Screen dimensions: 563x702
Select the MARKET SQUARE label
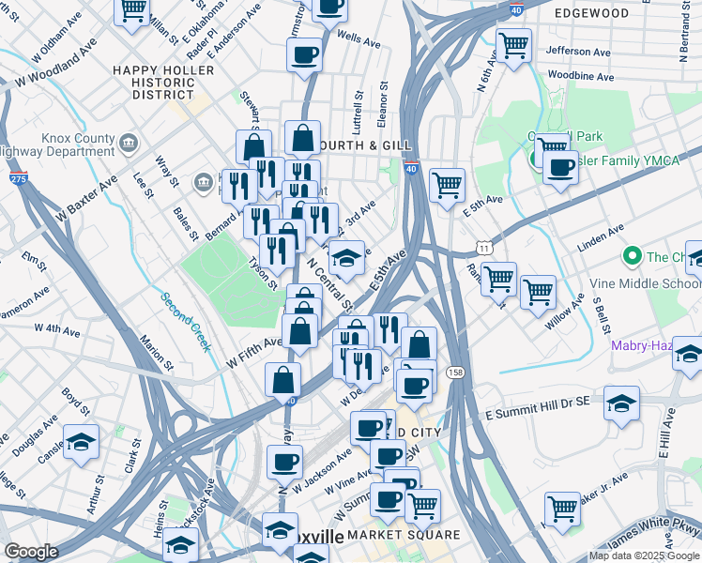point(404,535)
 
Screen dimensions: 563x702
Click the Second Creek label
point(184,321)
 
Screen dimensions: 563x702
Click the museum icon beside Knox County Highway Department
point(130,144)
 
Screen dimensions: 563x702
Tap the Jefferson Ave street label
point(581,51)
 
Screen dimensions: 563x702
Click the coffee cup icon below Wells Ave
point(304,54)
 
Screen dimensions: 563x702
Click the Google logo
point(31,552)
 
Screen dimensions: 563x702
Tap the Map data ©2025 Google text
point(643,555)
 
